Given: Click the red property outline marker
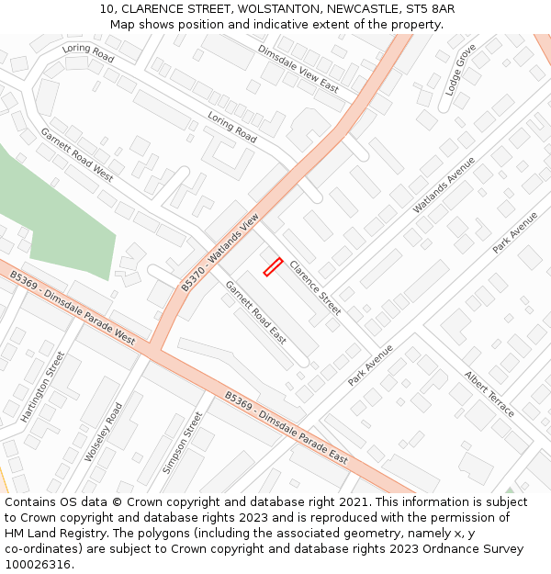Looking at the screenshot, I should pos(273,267).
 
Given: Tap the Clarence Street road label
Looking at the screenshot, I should pos(315,287).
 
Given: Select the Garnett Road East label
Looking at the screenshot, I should pos(256,312).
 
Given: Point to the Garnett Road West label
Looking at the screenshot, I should pos(76,154).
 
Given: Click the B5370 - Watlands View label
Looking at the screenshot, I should pos(220,253).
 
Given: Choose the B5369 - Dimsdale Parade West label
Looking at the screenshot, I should pos(72,307).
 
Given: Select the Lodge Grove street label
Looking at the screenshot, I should pos(461,69).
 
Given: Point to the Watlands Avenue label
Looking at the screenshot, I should pos(444,185).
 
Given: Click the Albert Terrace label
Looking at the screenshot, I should pos(489,394).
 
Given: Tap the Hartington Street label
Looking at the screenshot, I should pos(43,386).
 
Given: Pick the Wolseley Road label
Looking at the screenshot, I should pos(103,432).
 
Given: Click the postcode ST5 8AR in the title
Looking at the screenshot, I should pos(424,8).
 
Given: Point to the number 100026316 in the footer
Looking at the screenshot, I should pos(38,564).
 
